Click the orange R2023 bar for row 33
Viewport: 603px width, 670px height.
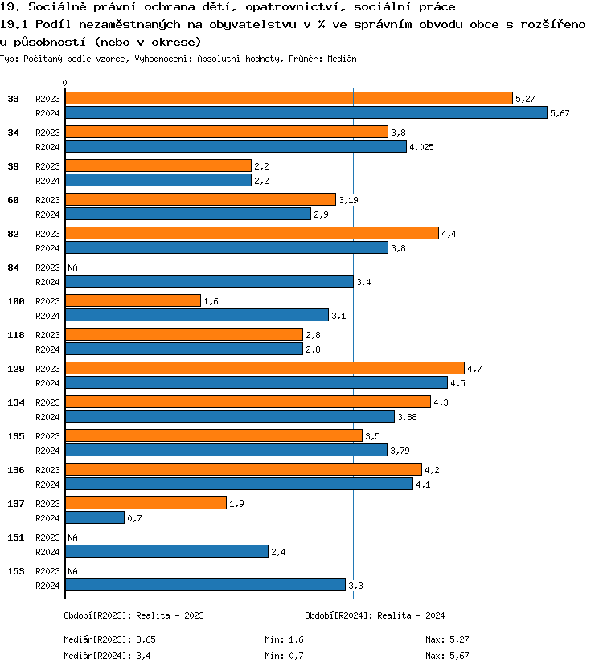[x=289, y=98]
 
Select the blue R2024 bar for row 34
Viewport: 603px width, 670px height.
[x=236, y=146]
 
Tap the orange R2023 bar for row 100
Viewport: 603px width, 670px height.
[x=133, y=300]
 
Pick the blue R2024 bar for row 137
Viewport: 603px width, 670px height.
[x=95, y=517]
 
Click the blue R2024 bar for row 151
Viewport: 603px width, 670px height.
[x=166, y=551]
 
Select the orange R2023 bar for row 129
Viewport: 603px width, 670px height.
[x=265, y=368]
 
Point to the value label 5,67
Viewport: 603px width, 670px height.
[x=560, y=113]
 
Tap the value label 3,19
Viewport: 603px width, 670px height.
[x=348, y=199]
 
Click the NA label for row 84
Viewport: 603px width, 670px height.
[x=72, y=267]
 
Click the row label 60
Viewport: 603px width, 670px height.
[x=13, y=199]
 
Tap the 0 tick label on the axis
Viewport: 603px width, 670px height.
[x=65, y=83]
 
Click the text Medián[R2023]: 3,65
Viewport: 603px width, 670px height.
[x=109, y=639]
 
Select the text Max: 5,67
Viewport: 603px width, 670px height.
[x=447, y=656]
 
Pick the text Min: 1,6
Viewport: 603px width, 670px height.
[x=285, y=639]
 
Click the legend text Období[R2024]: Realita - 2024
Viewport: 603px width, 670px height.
[x=375, y=615]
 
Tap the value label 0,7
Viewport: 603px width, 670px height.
[x=135, y=518]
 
